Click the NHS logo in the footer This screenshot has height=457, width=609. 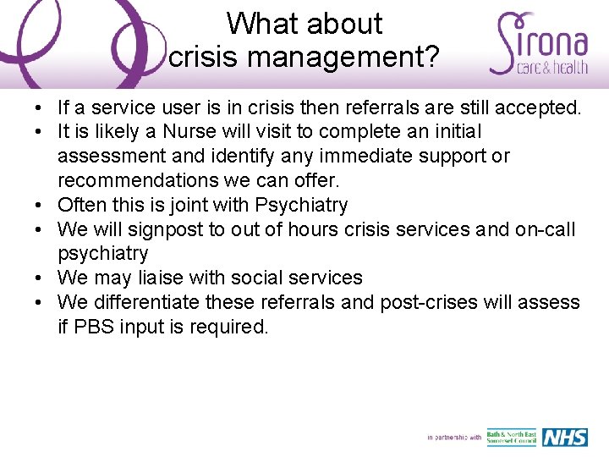565,438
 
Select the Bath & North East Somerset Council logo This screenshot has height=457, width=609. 512,438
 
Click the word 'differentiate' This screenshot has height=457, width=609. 156,302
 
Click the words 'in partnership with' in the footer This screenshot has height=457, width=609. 454,438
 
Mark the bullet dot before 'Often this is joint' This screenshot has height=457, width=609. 40,205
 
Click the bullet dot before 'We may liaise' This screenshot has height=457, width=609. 40,278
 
